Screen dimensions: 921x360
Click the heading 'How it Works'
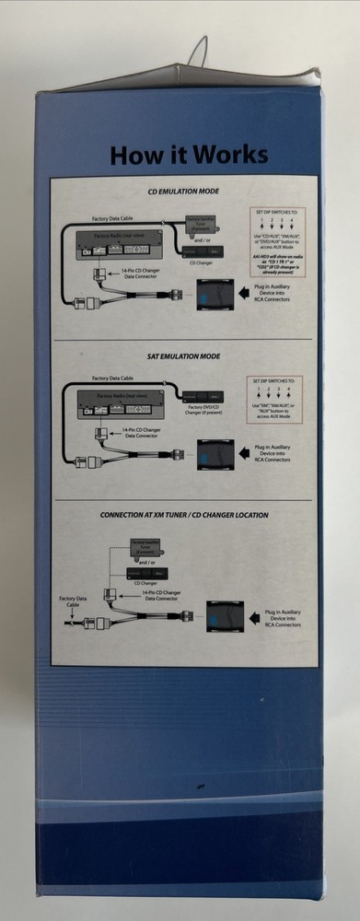tap(189, 154)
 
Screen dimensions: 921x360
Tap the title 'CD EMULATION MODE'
tap(183, 193)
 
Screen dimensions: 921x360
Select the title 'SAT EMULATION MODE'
tap(182, 354)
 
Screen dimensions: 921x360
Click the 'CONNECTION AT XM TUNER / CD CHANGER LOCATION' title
tap(183, 515)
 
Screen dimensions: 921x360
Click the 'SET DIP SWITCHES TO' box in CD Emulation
tap(279, 240)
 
